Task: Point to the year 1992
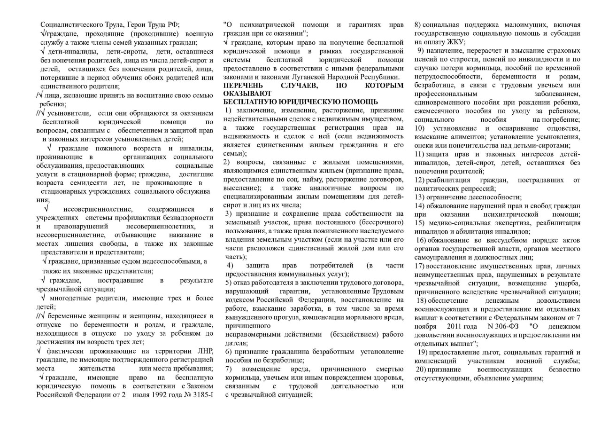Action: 155,394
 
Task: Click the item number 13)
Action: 420,197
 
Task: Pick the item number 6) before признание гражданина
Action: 228,351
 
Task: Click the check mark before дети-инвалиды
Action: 43,51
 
